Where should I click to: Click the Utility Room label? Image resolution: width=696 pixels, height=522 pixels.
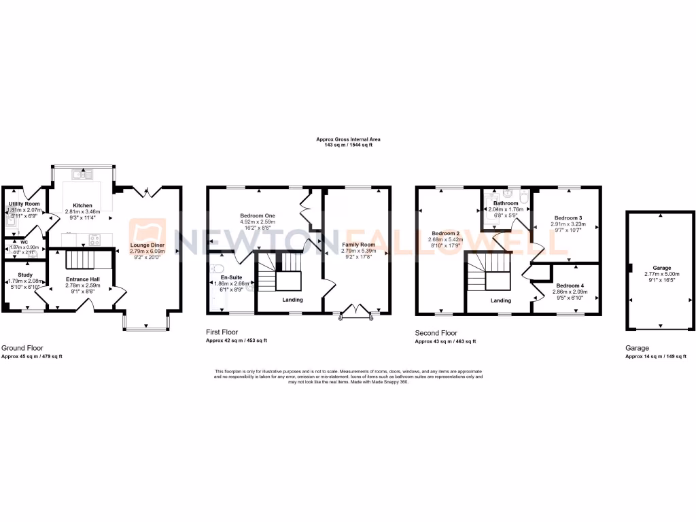coord(24,204)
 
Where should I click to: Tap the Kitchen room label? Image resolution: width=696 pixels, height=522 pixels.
coord(83,205)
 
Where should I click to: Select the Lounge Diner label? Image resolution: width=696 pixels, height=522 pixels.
coord(147,245)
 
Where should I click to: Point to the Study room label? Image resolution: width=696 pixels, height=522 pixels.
coord(24,275)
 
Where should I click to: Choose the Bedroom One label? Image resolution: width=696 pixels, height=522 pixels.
coord(257,215)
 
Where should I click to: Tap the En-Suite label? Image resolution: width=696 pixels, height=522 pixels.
coord(231,277)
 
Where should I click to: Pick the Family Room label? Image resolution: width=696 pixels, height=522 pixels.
coord(358,244)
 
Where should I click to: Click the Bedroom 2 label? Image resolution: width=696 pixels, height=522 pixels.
coord(446,233)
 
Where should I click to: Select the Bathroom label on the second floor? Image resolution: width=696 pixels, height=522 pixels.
coord(506,203)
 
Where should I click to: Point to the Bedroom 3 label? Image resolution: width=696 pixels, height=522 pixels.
coord(566,217)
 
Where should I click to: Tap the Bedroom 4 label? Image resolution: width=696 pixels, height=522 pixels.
coord(569,285)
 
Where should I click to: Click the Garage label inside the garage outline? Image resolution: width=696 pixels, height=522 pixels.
coord(661,268)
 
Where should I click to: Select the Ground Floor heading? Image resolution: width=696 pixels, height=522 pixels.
coord(21,347)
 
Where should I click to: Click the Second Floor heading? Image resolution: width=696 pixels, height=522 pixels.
coord(436,333)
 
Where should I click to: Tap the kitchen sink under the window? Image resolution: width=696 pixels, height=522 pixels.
coord(84,173)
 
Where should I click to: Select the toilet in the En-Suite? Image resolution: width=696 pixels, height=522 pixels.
coord(217,268)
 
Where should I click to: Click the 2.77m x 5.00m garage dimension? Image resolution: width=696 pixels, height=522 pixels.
coord(661,273)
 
